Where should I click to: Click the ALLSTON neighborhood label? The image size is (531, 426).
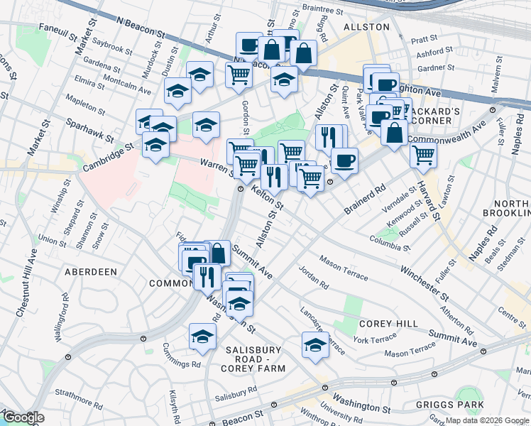tap(366, 27)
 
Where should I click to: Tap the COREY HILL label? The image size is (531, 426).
tap(388, 324)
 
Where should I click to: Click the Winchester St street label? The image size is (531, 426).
tap(424, 282)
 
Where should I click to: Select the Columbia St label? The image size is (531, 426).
tap(390, 245)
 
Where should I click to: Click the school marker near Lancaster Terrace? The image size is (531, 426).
tap(315, 345)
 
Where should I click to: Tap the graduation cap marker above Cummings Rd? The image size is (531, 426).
tap(202, 336)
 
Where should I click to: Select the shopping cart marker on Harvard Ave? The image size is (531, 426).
tap(423, 153)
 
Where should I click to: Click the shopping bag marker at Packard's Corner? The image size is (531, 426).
tap(394, 131)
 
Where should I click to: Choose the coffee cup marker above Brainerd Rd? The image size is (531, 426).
tap(344, 160)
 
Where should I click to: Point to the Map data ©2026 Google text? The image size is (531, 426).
tap(487, 420)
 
